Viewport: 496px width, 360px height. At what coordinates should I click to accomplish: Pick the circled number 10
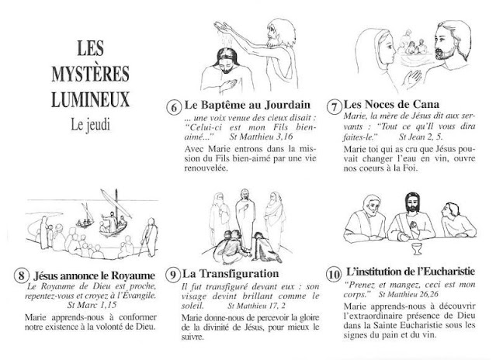click(x=331, y=275)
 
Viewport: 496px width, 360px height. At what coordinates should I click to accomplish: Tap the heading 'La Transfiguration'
click(x=231, y=273)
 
